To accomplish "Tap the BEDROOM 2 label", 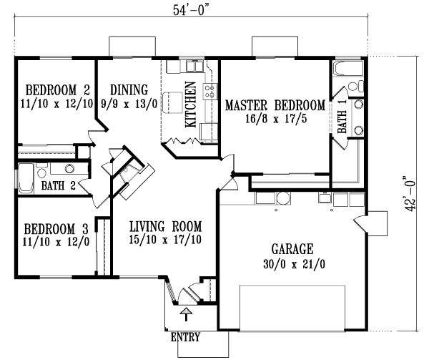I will click(x=57, y=90).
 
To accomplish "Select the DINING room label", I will click(x=129, y=90).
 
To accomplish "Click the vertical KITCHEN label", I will click(x=191, y=104).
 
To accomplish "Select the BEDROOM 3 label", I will click(x=56, y=229).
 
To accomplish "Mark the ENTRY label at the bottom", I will click(x=184, y=337).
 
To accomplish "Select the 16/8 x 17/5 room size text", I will click(x=275, y=119).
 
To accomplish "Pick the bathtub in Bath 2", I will click(x=25, y=180).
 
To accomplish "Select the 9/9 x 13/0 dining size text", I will click(x=129, y=104).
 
